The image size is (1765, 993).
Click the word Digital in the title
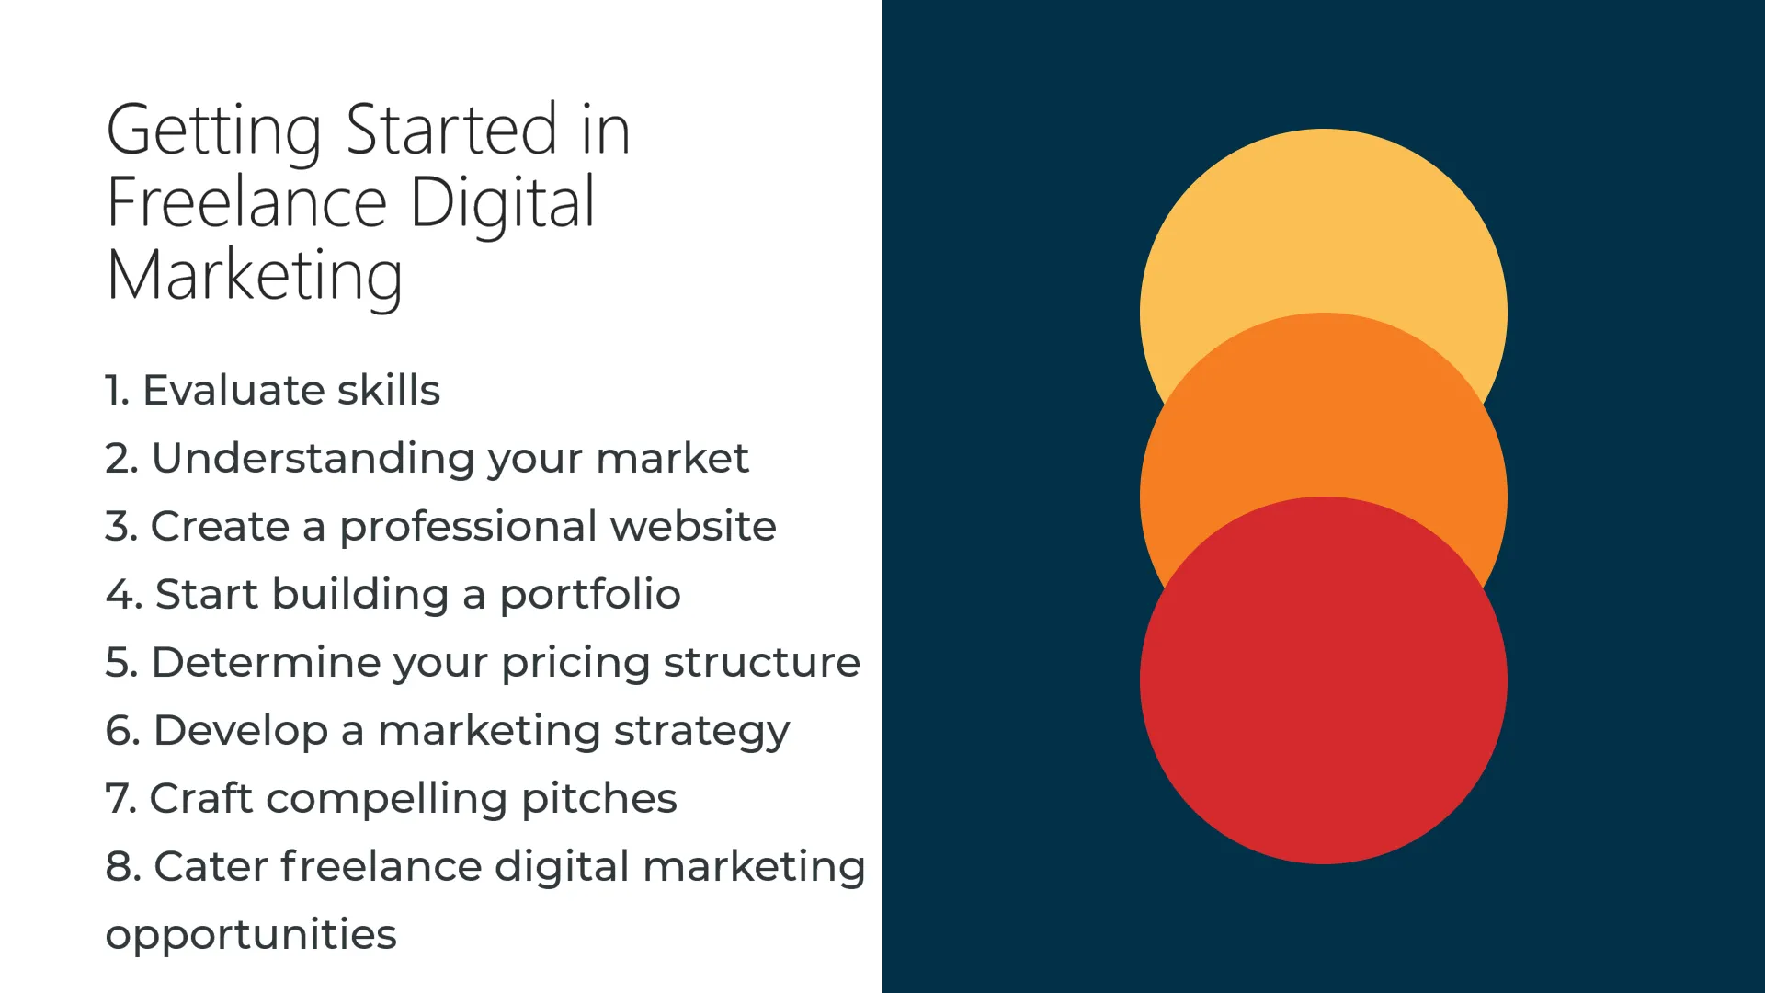[x=502, y=205]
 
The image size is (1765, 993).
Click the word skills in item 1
[x=388, y=390]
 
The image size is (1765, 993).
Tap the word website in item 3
[x=693, y=526]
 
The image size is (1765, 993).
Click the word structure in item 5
[x=762, y=663]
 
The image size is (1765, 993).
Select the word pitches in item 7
[x=598, y=798]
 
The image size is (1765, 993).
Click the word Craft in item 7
[x=200, y=798]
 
